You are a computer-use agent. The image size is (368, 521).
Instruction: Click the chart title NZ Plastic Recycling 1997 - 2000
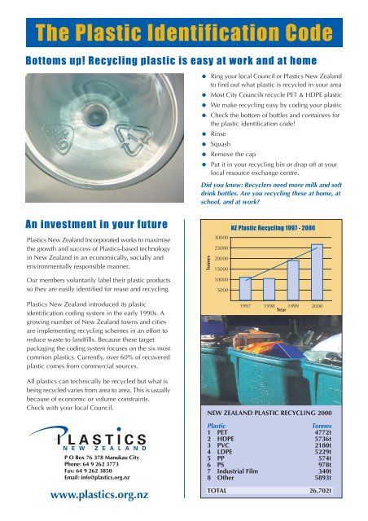coord(279,229)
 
